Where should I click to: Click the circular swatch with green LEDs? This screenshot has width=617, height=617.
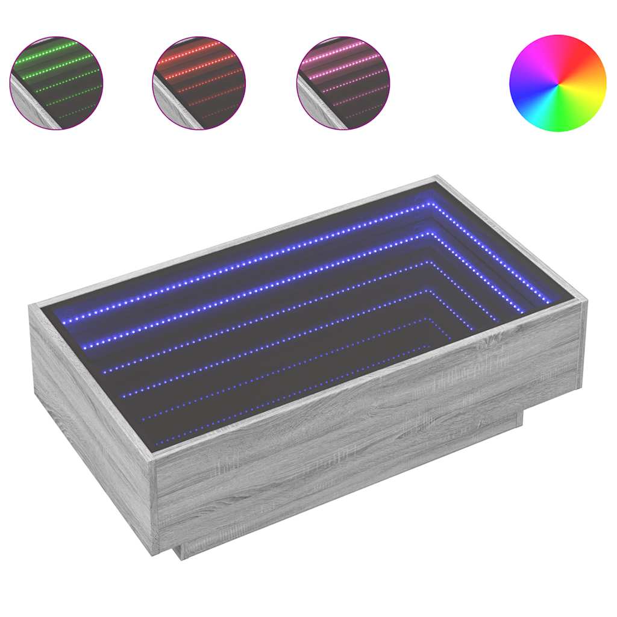(56, 83)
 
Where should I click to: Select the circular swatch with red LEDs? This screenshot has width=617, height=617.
(199, 83)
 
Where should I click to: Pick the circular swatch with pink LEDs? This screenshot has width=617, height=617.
(343, 83)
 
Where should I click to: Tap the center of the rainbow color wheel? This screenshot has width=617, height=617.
(557, 83)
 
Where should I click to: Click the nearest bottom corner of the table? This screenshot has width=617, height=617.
(155, 551)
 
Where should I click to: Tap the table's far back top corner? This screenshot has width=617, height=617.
(436, 178)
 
